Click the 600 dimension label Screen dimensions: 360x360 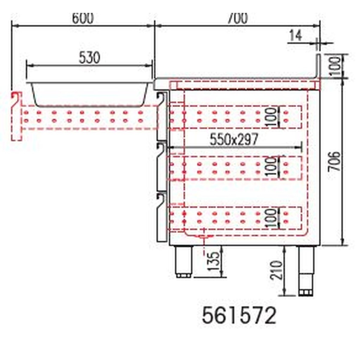pos(83,19)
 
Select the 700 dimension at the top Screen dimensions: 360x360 pos(237,18)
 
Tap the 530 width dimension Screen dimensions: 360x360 pos(89,58)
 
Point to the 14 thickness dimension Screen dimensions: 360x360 pos(296,36)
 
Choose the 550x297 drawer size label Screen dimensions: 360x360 pos(234,140)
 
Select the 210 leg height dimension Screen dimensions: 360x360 pos(278,270)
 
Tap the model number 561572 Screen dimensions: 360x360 pos(239,316)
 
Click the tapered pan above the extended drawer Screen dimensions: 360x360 pos(89,94)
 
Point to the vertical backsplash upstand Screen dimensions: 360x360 pos(318,65)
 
